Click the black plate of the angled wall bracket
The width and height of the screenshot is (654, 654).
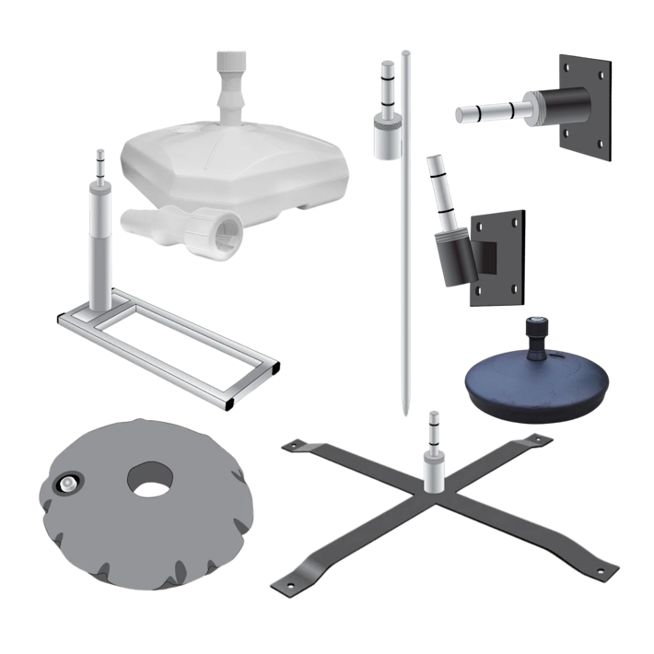click(x=497, y=258)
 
